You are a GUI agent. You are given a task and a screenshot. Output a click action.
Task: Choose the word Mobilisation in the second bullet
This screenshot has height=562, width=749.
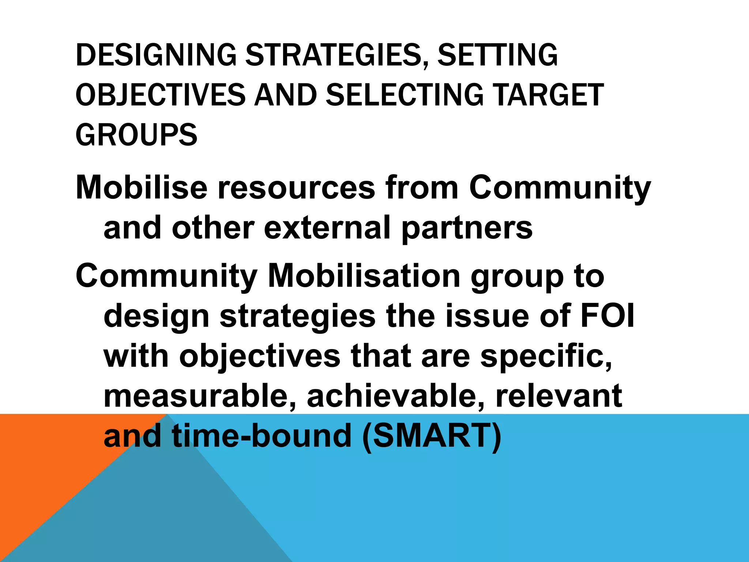click(364, 276)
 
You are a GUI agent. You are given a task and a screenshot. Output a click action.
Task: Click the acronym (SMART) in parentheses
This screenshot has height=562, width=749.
click(432, 437)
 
